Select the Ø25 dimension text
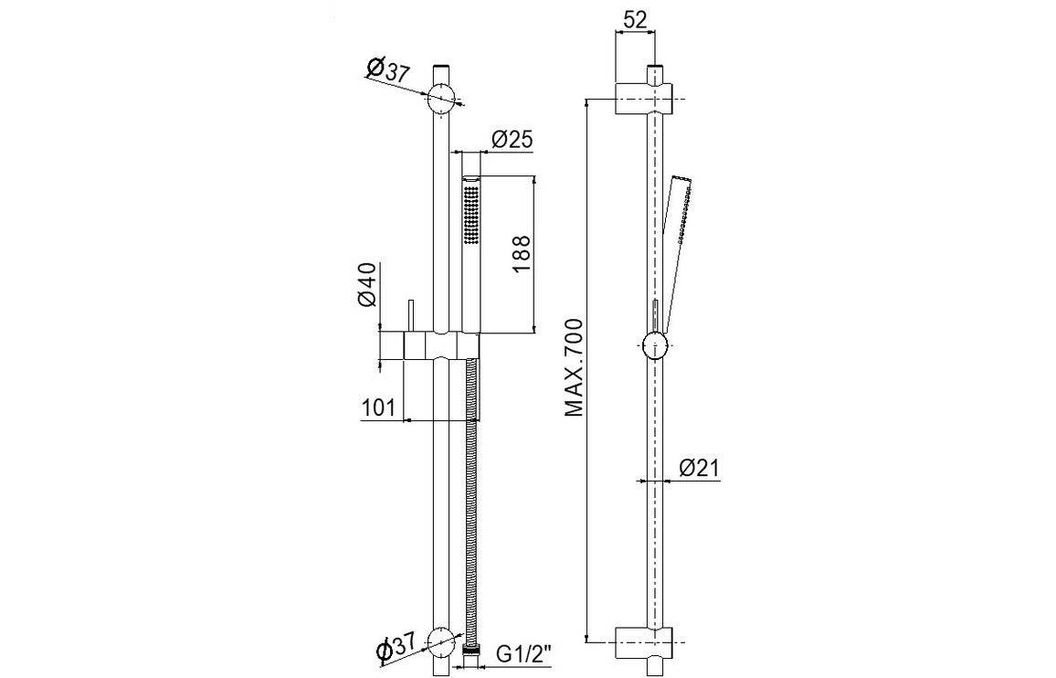pos(512,140)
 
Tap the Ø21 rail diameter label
pos(700,469)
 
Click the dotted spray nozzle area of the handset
pos(471,214)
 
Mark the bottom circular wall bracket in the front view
pos(442,642)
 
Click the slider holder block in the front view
pos(438,347)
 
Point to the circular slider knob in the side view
pos(655,347)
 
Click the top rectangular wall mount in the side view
pos(643,96)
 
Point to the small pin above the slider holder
pos(412,313)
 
